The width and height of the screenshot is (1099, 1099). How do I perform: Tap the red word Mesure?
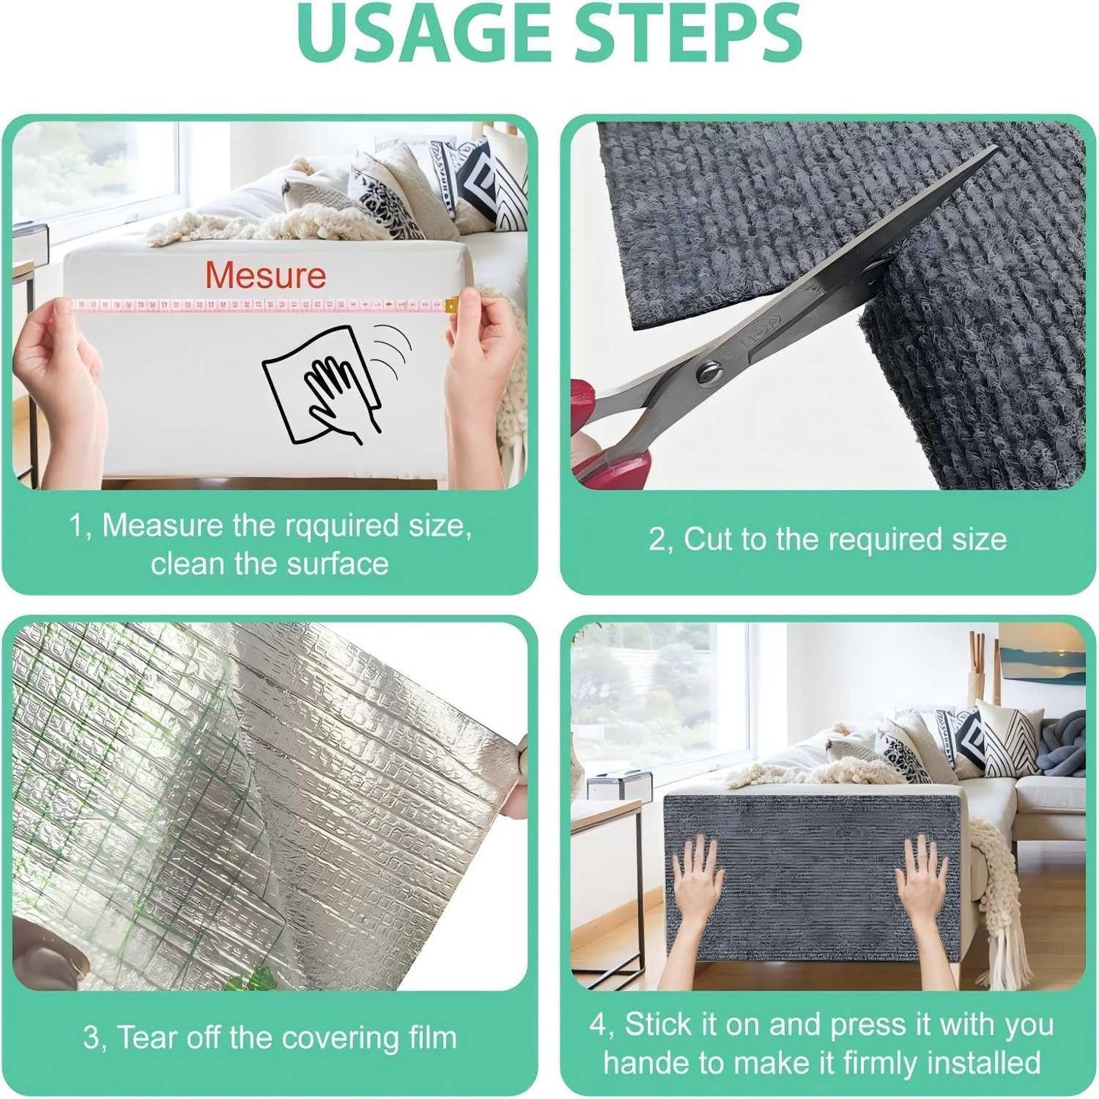pyautogui.click(x=265, y=275)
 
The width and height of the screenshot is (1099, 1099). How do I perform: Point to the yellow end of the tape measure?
pyautogui.click(x=452, y=305)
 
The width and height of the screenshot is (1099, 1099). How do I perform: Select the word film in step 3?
pyautogui.click(x=430, y=1038)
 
